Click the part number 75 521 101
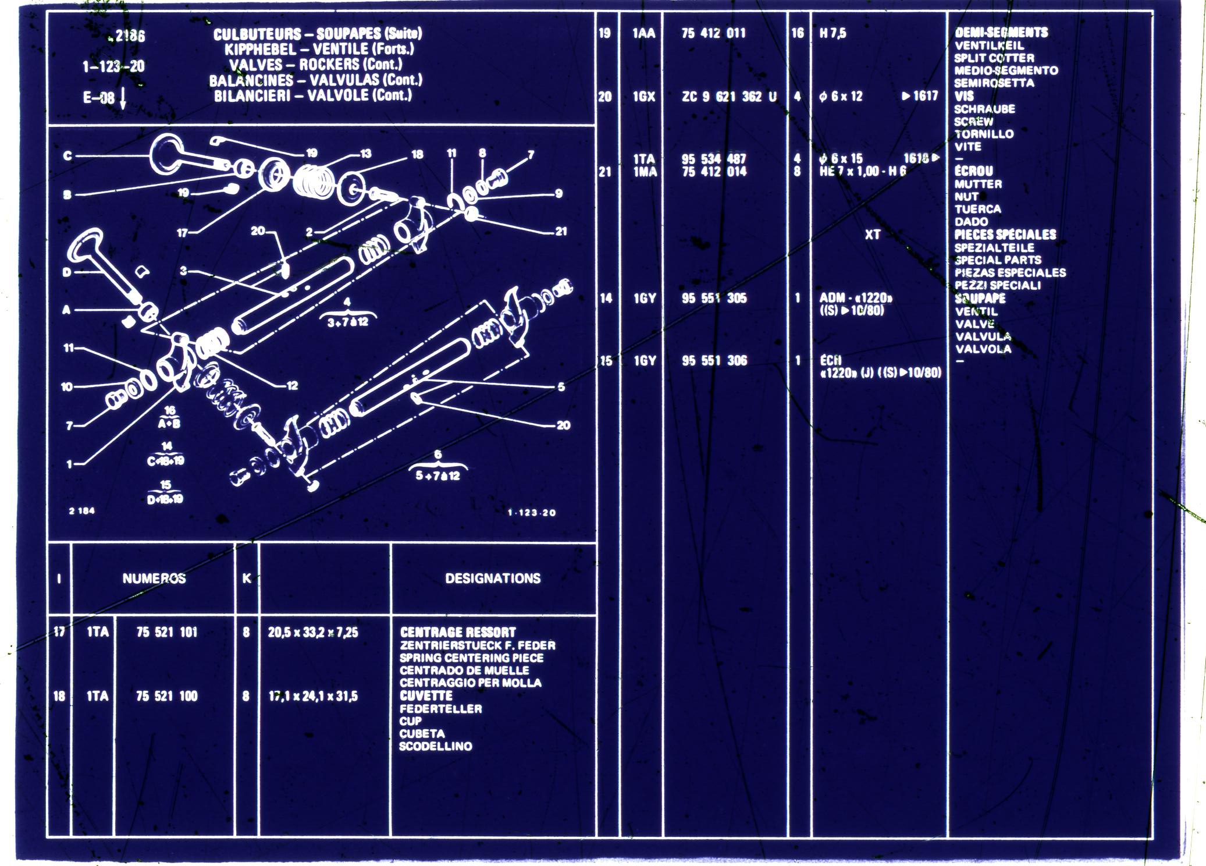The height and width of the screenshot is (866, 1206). click(x=167, y=632)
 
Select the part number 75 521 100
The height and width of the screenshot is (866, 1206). click(x=167, y=696)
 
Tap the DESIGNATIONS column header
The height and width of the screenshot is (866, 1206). click(x=493, y=578)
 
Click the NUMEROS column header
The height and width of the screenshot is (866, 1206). click(x=154, y=578)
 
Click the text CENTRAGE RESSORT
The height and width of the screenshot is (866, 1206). click(x=458, y=632)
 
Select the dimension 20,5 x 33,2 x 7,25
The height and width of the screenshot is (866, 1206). click(x=313, y=632)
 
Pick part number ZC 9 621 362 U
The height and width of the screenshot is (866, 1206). click(x=729, y=97)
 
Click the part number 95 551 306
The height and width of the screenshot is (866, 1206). click(x=714, y=361)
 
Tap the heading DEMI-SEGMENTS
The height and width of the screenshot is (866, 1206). click(x=1001, y=33)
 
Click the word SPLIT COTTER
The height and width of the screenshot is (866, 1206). click(x=994, y=58)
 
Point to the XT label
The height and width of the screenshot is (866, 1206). click(x=872, y=235)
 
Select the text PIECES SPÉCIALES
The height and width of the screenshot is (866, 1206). click(x=1005, y=235)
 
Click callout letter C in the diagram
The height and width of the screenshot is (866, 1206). click(x=67, y=156)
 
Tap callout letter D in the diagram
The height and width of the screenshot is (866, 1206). click(x=67, y=272)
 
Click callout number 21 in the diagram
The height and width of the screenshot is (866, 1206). click(x=561, y=232)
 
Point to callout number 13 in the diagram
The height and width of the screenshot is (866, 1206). click(x=365, y=154)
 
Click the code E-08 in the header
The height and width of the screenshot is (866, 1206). click(x=98, y=97)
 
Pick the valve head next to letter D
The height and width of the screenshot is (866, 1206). click(x=87, y=247)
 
